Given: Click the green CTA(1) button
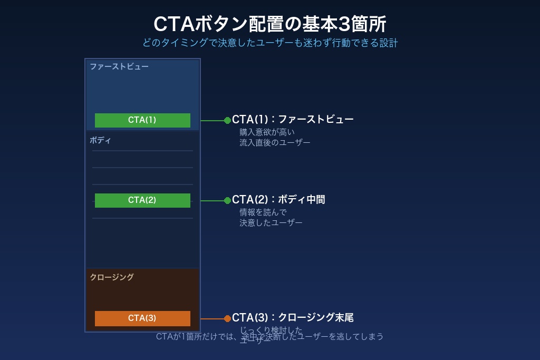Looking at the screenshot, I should point(142,120).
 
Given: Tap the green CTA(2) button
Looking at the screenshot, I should point(142,200).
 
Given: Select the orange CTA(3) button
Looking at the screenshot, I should point(142,318).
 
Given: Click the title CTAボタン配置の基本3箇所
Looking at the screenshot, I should point(269,24).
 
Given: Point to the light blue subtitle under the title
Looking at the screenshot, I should point(269,43).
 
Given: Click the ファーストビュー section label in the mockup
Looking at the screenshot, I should point(119,66).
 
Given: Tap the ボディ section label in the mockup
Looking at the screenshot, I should point(100,140).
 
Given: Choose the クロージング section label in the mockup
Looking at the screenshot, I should point(112,277).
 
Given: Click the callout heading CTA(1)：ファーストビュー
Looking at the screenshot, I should point(293,120).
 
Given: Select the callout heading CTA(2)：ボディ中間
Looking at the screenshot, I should point(278,200).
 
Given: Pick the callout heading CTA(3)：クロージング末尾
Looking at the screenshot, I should point(293,318).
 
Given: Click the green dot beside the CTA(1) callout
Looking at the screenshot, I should point(227,120).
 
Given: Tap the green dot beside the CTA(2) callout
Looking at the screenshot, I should point(227,200).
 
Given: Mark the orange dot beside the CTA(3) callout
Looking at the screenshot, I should point(227,318).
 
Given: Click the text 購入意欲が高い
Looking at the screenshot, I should point(267,132).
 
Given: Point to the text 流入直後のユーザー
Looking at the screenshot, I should point(275,142).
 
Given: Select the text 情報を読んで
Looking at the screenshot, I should point(263,212).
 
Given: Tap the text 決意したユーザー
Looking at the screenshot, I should point(271,222).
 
